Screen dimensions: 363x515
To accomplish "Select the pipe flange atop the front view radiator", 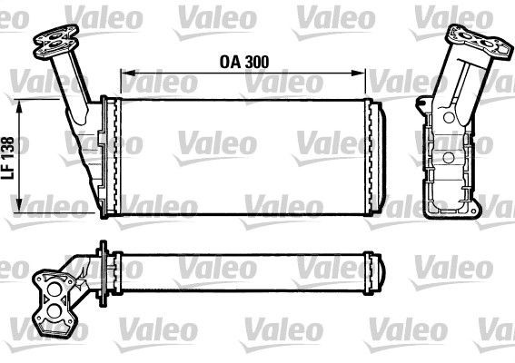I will [x=55, y=39].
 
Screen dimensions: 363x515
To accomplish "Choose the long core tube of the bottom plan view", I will [x=245, y=267].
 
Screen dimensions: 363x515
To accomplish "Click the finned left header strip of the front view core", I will [x=114, y=159].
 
